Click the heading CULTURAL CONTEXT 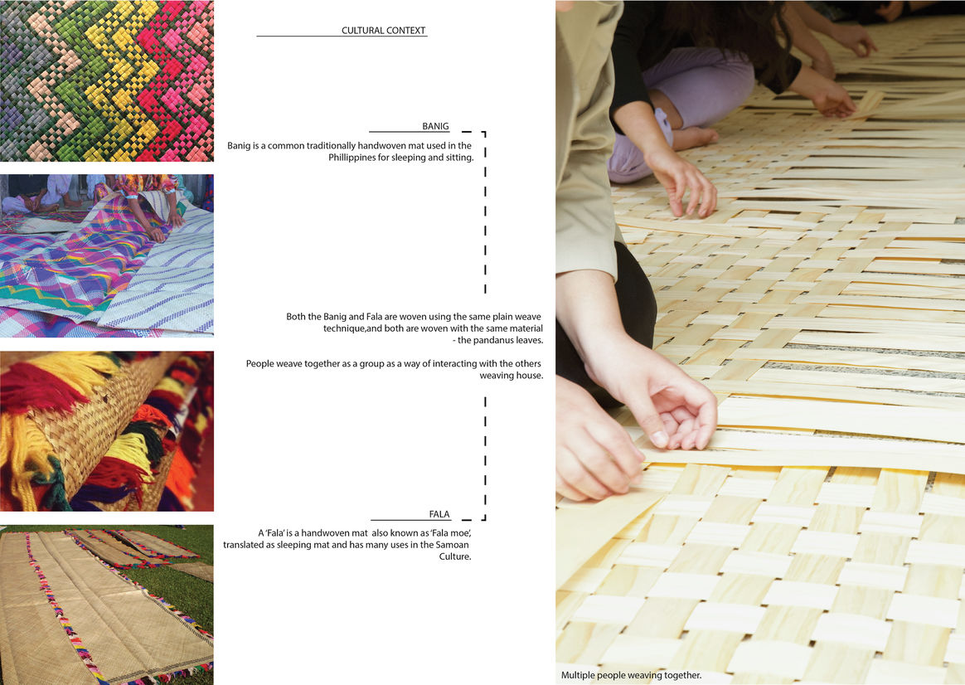pos(383,30)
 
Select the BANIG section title pos(435,126)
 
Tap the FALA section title pos(439,514)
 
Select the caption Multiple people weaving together pos(632,675)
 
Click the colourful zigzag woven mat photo pos(106,80)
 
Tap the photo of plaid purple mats pos(106,255)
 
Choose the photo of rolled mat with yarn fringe pos(106,430)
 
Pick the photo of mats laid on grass pos(106,605)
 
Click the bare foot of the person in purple pos(694,138)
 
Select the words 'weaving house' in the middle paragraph pos(512,376)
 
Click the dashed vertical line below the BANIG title pos(486,212)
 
